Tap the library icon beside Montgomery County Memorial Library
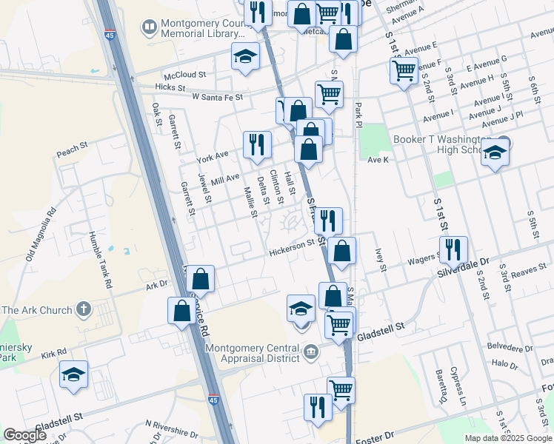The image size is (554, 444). [150, 28]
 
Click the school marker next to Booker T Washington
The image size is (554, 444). [495, 153]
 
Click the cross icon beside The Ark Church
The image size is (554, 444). [85, 309]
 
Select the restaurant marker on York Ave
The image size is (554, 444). [257, 144]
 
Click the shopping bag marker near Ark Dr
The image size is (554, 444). [200, 279]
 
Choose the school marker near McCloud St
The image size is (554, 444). [244, 56]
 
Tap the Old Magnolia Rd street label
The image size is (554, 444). [41, 236]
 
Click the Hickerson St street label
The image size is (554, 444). [292, 249]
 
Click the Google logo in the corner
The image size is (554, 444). [25, 435]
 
